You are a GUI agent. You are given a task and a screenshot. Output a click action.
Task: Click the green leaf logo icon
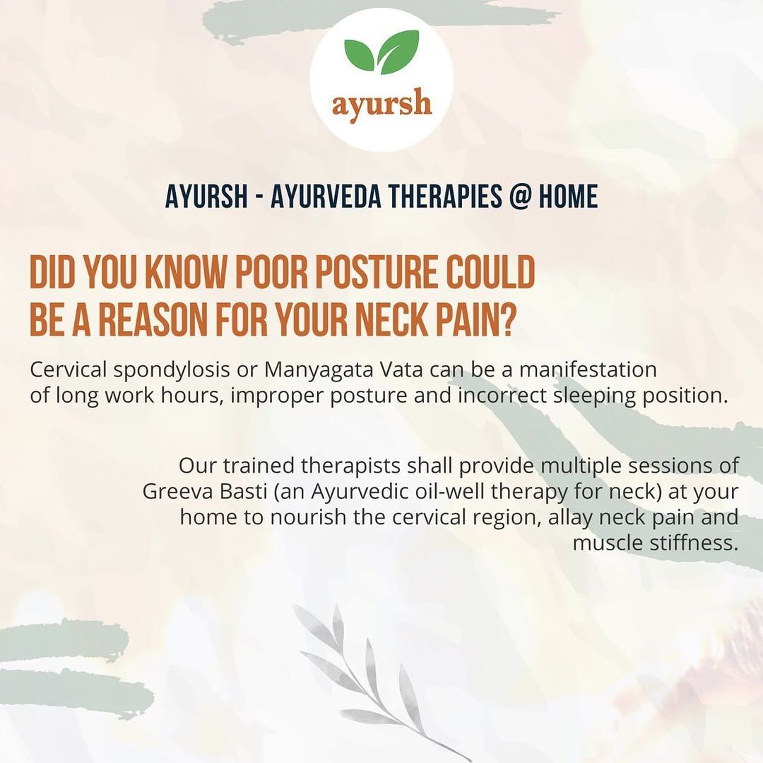click(x=381, y=52)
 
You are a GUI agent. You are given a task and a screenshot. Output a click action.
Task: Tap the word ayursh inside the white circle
click(x=381, y=104)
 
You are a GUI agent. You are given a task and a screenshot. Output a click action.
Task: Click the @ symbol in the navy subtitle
click(x=519, y=196)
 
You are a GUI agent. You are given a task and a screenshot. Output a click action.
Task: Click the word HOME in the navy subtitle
click(x=568, y=196)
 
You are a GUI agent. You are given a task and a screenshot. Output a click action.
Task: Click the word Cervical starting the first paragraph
click(x=68, y=369)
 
